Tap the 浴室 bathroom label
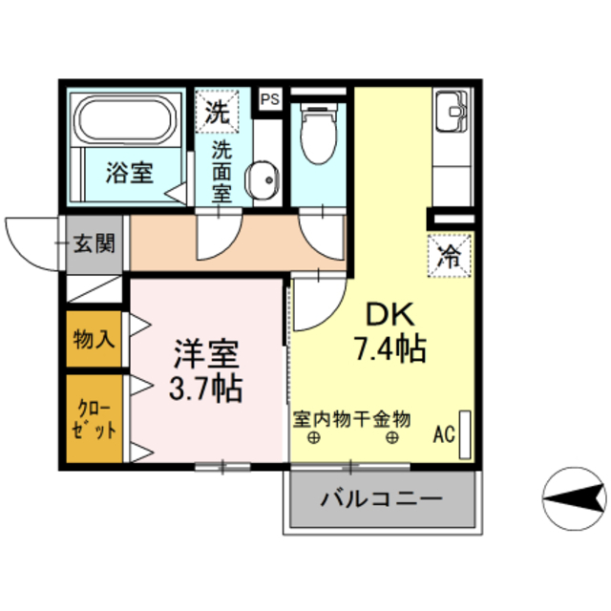(x=129, y=174)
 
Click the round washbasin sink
(x=261, y=178)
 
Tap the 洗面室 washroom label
(x=221, y=171)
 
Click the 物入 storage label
(x=95, y=338)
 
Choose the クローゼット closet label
(x=94, y=416)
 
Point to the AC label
(x=444, y=434)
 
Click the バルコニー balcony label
(x=381, y=498)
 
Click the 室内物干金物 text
(x=351, y=418)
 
